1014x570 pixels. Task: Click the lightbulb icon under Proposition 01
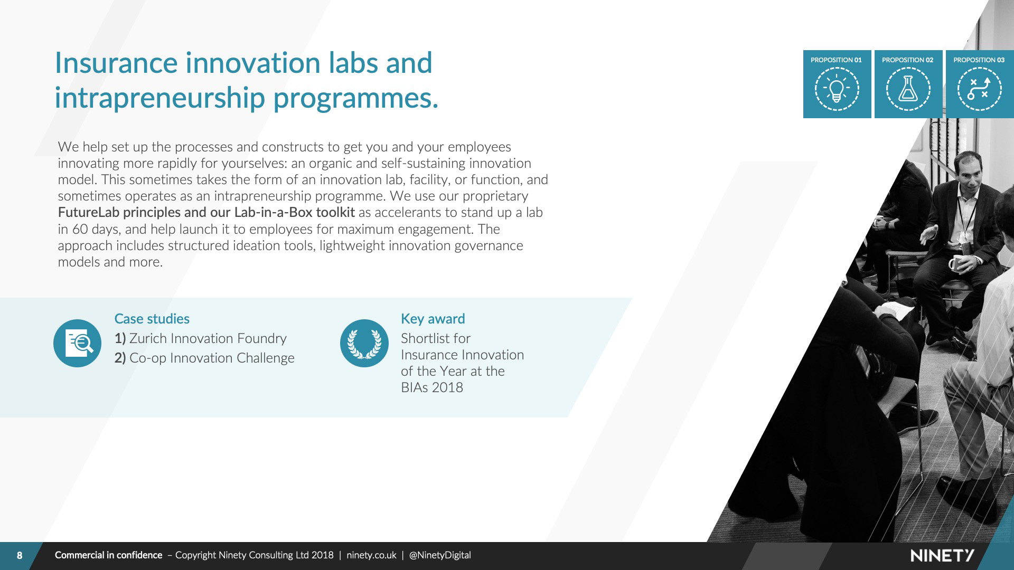(x=837, y=89)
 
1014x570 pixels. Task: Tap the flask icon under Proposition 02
(x=908, y=89)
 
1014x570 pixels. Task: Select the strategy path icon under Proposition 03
(x=979, y=89)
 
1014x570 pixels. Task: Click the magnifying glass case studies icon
(x=77, y=344)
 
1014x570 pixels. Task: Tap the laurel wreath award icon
(x=364, y=344)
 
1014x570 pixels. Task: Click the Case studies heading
(x=152, y=319)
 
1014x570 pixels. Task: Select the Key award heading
(x=433, y=319)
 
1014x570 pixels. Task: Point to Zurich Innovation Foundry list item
(x=201, y=338)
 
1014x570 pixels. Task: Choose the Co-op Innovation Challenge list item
(x=204, y=358)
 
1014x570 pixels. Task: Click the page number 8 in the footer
(x=20, y=555)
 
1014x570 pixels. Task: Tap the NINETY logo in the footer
(x=943, y=555)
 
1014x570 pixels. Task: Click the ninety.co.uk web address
(x=371, y=555)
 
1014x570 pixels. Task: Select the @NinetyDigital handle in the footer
(x=440, y=555)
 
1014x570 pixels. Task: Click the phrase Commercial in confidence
(x=108, y=555)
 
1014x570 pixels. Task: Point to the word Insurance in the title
(x=116, y=63)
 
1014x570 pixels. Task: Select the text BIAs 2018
(x=432, y=387)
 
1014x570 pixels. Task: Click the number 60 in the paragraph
(x=80, y=229)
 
